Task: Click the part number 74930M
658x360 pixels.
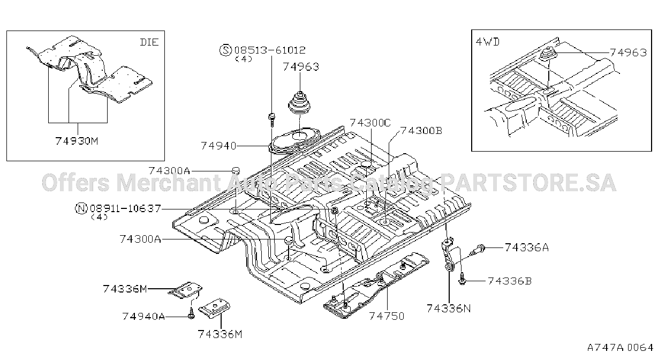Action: click(77, 141)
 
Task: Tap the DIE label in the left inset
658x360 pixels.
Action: click(149, 42)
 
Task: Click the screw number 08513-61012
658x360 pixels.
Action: click(270, 50)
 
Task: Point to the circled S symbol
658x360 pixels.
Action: click(225, 50)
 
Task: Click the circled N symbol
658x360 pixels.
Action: click(81, 208)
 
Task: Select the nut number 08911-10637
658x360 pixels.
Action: click(125, 208)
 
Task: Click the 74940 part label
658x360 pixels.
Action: click(218, 146)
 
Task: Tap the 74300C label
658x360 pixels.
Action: click(370, 123)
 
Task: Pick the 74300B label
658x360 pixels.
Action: click(421, 131)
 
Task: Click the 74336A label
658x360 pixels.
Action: click(527, 247)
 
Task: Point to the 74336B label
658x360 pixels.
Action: click(510, 281)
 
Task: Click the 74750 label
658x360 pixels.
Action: click(387, 316)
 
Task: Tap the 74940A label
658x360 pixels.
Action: click(143, 316)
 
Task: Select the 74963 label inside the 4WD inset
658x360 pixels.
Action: click(629, 52)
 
